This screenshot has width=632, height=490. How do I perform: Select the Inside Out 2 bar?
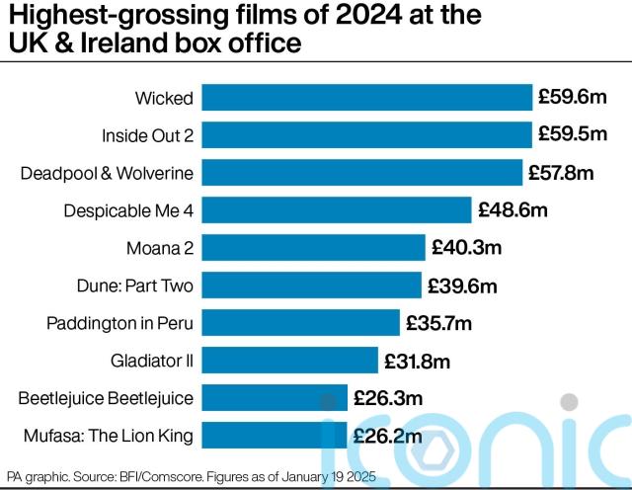click(366, 135)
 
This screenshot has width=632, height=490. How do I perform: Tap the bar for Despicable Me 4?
click(336, 210)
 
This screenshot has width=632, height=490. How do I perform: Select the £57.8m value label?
click(561, 173)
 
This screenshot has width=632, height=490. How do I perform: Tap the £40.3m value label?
click(465, 248)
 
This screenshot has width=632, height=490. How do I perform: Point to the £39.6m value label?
click(461, 286)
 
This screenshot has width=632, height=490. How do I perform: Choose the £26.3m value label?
click(387, 398)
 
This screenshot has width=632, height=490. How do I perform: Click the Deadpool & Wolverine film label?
click(107, 174)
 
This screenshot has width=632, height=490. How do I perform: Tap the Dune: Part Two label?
click(134, 286)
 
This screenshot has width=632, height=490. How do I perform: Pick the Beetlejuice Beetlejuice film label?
click(106, 398)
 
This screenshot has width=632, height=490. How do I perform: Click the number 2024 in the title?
click(351, 17)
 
